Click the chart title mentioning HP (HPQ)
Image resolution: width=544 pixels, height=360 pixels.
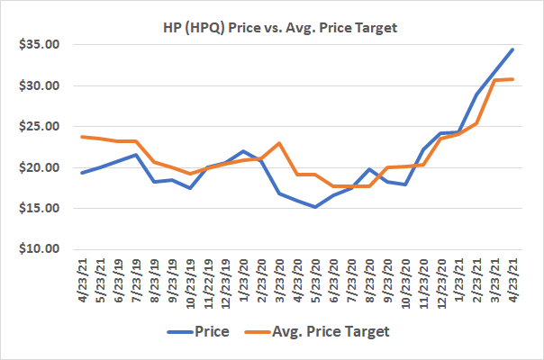coord(272,27)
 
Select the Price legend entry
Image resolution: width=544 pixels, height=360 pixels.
coord(213,332)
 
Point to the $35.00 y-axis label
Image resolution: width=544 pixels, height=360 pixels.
coord(37,45)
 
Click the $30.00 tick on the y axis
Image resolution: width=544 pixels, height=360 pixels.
coord(37,85)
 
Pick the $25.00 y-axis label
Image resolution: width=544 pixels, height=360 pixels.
coord(37,127)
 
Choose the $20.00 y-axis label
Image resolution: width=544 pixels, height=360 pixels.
coord(37,167)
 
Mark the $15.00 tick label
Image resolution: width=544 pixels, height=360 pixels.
coord(37,208)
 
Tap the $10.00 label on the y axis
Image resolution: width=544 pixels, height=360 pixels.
coord(37,249)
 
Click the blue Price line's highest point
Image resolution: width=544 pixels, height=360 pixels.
coord(512,49)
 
